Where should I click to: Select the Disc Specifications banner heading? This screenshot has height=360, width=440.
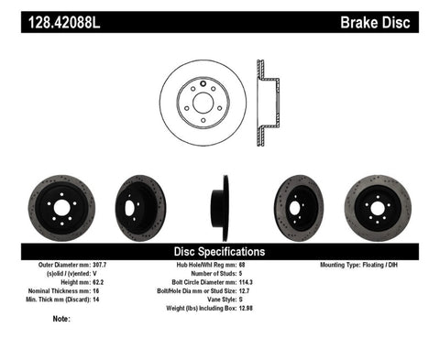coord(220,251)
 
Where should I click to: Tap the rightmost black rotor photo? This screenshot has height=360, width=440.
coord(378,207)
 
